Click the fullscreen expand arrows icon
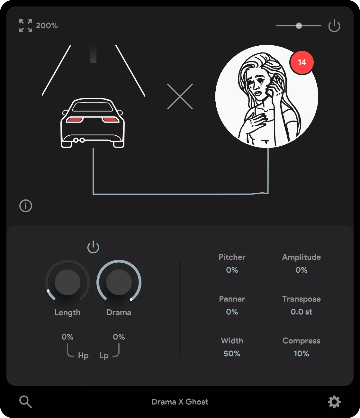26,26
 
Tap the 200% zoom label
47,26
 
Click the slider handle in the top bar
299,26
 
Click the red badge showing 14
302,62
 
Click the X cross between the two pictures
180,96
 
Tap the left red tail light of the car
75,120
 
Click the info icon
26,206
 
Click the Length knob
67,282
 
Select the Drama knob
119,282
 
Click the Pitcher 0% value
232,270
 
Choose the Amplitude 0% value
301,270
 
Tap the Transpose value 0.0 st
301,312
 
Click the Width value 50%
232,354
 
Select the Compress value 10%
301,354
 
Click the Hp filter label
83,356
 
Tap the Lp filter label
104,356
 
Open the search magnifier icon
26,402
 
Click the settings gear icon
334,402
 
